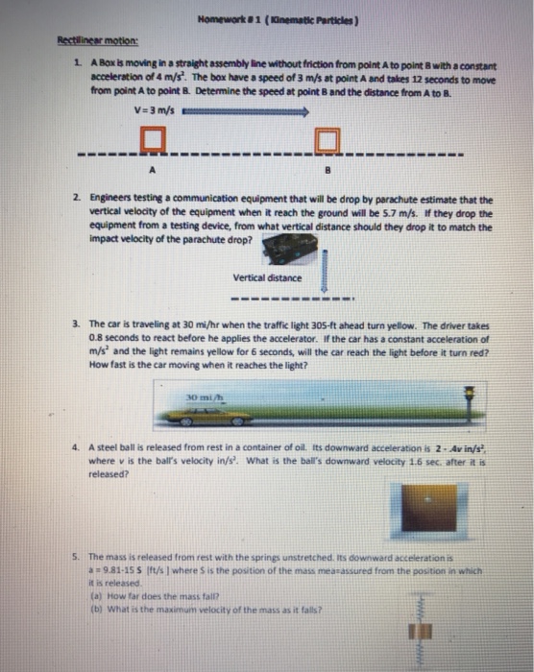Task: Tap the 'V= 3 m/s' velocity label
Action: pos(153,111)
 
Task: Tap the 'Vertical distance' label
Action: pos(266,278)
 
